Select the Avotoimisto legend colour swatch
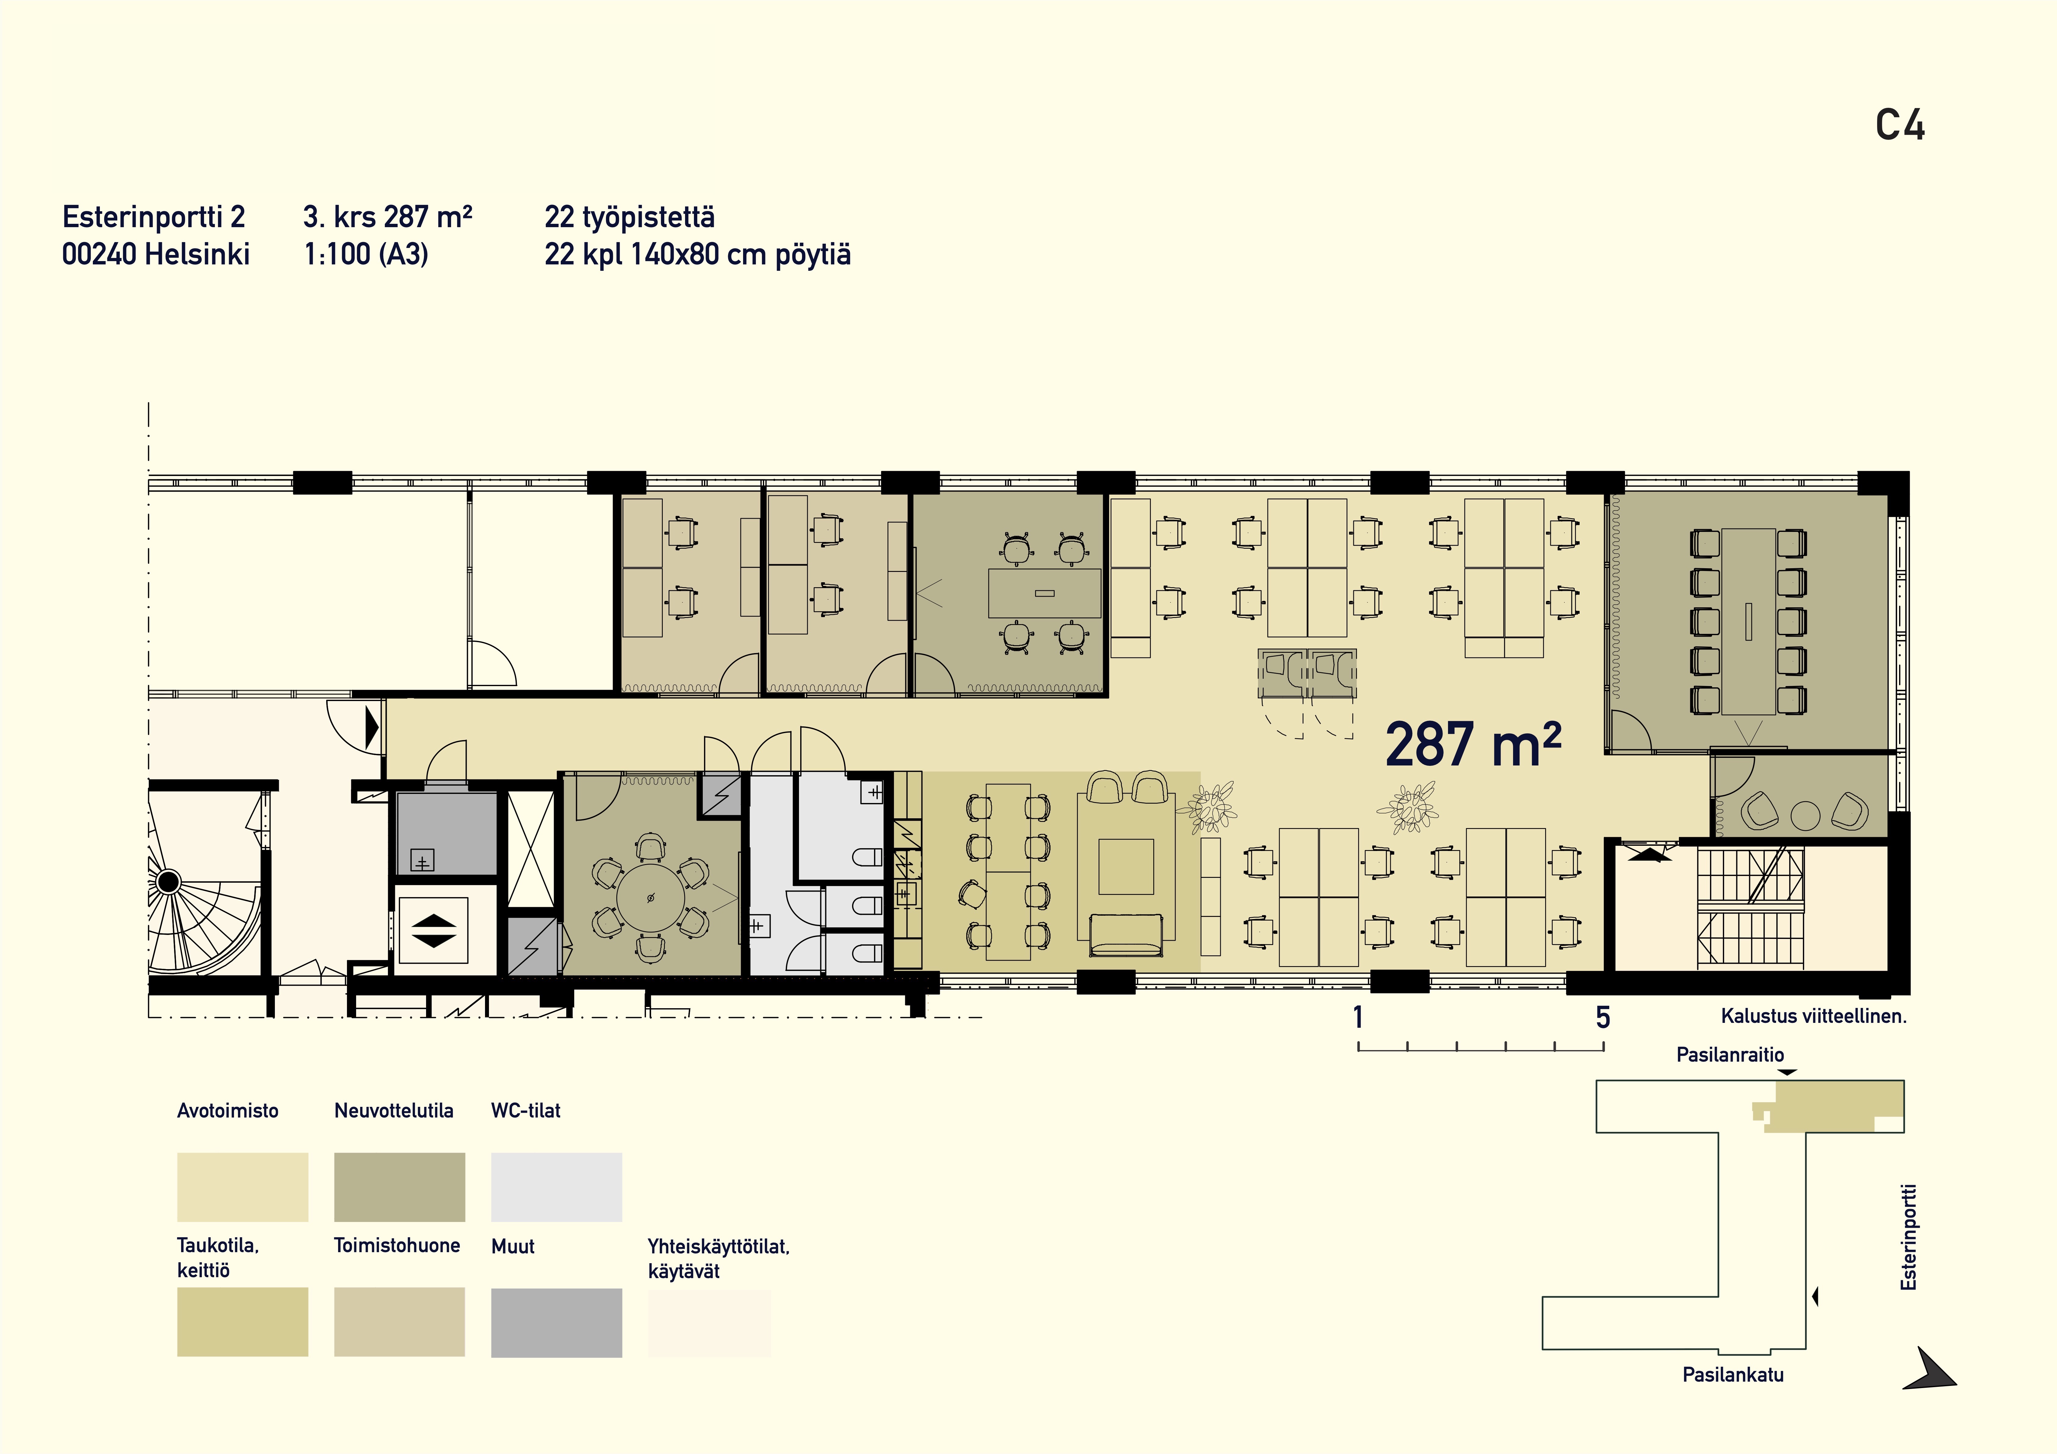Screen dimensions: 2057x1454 tap(243, 1187)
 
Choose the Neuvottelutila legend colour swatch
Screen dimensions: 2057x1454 tap(399, 1187)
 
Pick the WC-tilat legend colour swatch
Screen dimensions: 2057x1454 tap(556, 1187)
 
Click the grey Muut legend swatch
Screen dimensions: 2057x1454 tap(556, 1322)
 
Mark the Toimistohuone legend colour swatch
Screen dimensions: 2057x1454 tap(399, 1322)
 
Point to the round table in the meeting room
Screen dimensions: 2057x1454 tap(651, 898)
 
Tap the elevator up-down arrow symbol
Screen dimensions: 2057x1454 tap(434, 930)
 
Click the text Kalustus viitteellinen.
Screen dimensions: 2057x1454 tap(1813, 1016)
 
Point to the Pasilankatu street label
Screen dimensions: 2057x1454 tap(1733, 1374)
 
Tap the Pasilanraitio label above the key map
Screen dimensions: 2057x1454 tap(1730, 1054)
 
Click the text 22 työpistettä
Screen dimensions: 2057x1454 tap(630, 217)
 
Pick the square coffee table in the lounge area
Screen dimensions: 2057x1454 tap(1126, 866)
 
